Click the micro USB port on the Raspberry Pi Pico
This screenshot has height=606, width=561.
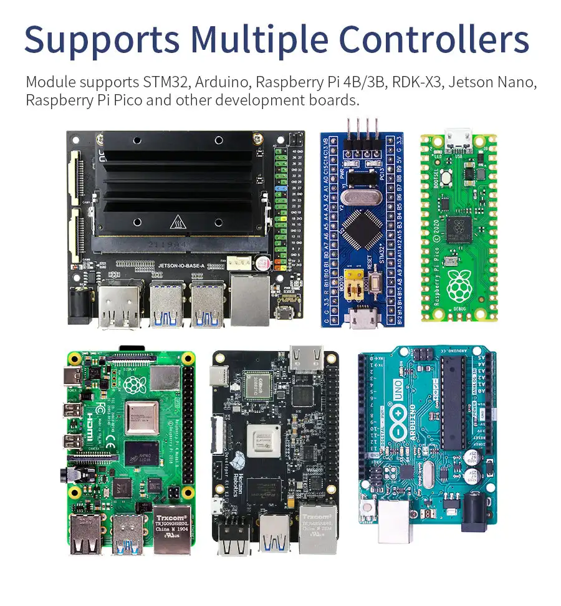[459, 143]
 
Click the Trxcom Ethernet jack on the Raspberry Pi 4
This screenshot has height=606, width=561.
[171, 529]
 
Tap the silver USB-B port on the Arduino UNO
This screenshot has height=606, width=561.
[395, 521]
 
